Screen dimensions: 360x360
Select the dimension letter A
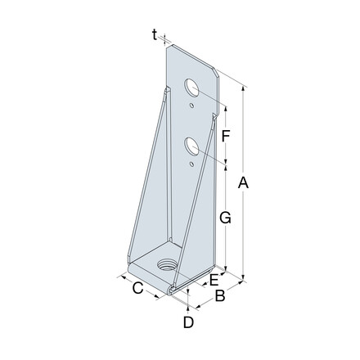(242, 186)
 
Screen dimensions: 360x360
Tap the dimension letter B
(219, 297)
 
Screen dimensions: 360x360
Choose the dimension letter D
(187, 322)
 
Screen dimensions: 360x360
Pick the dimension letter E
(214, 280)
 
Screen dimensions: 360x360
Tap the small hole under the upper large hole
(192, 105)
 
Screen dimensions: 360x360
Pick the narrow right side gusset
(215, 196)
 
